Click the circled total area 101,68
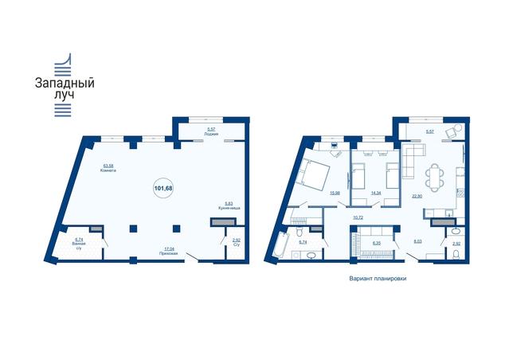(162, 189)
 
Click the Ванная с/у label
(79, 243)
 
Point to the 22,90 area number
(417, 194)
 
